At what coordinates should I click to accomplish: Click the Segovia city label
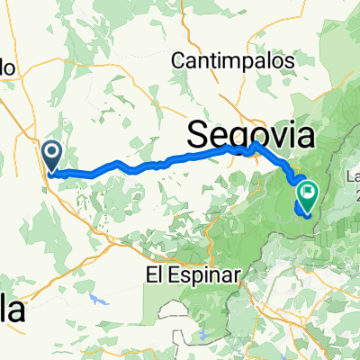click(x=252, y=135)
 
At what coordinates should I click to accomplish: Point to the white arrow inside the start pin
click(x=52, y=152)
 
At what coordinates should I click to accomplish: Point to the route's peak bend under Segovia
click(x=256, y=144)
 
